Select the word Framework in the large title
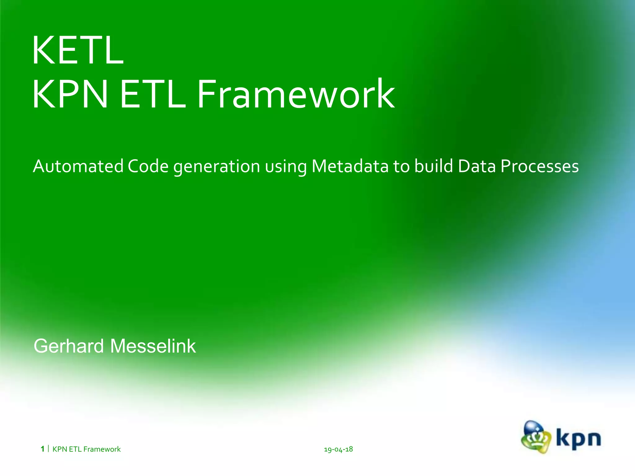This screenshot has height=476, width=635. (x=296, y=94)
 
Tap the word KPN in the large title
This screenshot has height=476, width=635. (x=70, y=94)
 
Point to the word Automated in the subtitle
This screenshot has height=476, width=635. (x=78, y=166)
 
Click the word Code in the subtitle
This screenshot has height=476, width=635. (x=148, y=166)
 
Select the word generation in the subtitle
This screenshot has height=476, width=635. (x=216, y=167)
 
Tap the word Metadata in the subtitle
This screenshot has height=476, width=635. (x=350, y=166)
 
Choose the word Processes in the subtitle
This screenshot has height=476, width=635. (x=540, y=166)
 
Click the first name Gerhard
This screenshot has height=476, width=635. (x=69, y=346)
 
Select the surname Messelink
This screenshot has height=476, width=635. (x=153, y=346)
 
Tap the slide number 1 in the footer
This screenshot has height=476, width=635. (x=42, y=449)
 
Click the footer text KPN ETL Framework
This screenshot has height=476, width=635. (x=87, y=449)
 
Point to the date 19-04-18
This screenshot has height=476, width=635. (x=338, y=449)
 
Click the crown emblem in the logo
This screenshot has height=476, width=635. (x=536, y=437)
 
